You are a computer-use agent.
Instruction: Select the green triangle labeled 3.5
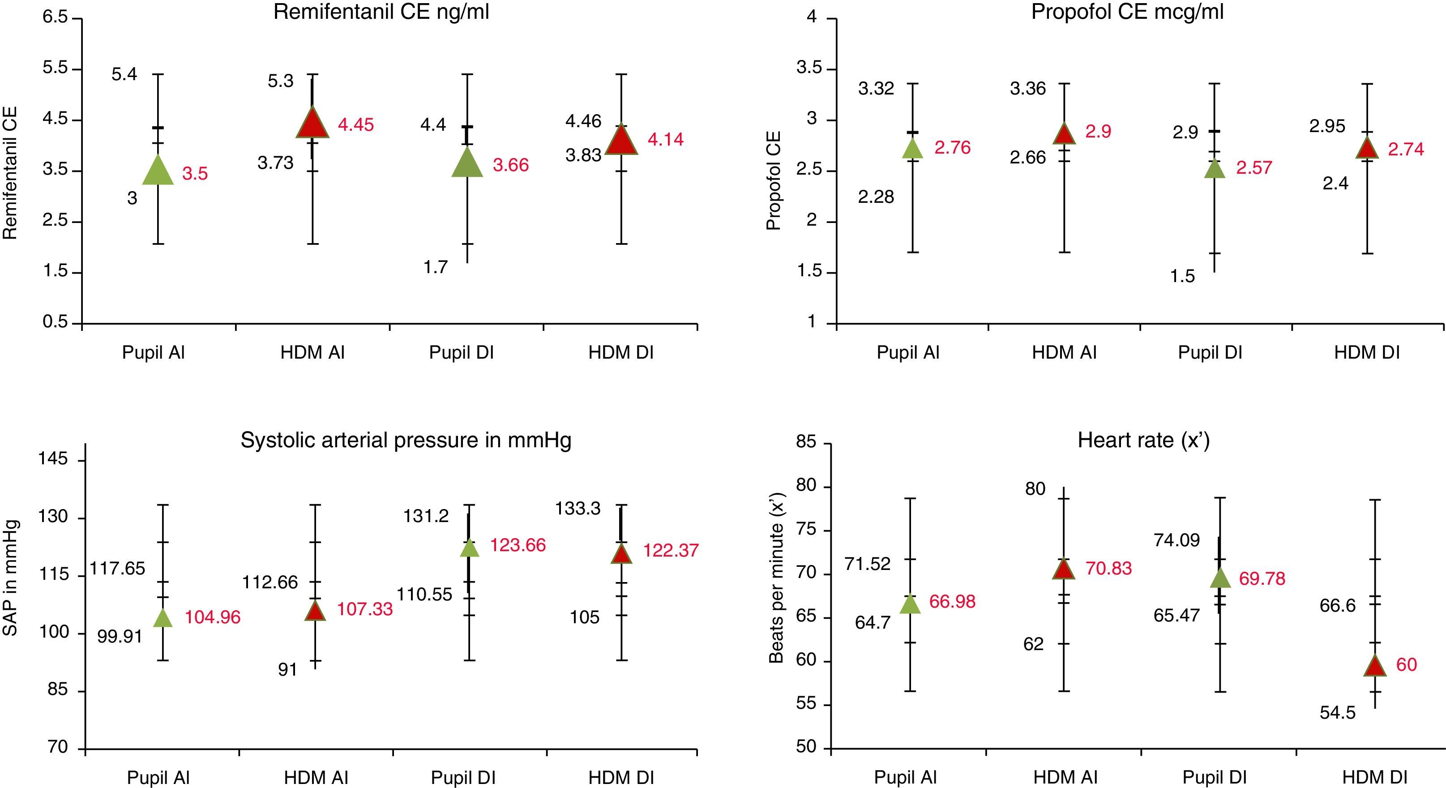(x=158, y=171)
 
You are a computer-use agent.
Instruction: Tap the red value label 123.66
(x=518, y=545)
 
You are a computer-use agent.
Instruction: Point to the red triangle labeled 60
(x=1375, y=667)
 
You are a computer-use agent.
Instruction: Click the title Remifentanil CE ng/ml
(x=381, y=12)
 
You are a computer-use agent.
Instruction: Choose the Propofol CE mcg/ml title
(x=1127, y=12)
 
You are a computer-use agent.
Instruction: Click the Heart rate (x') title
(x=1143, y=440)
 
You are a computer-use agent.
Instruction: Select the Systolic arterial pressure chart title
(x=406, y=440)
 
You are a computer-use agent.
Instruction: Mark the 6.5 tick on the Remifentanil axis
(x=55, y=17)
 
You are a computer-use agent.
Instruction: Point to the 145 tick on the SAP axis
(x=52, y=459)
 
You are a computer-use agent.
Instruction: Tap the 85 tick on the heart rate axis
(x=805, y=442)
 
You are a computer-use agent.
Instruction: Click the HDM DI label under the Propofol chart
(x=1366, y=352)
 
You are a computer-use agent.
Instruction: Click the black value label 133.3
(x=578, y=509)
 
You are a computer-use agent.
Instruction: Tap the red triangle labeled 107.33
(x=315, y=611)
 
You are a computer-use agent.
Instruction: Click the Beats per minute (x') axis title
(x=776, y=578)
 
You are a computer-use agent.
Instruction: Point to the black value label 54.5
(x=1338, y=713)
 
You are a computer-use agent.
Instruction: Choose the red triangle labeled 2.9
(x=1064, y=135)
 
